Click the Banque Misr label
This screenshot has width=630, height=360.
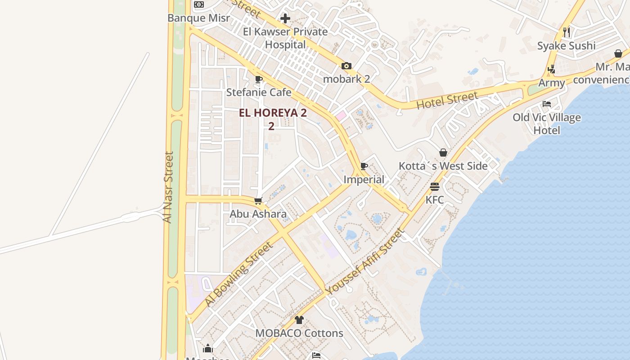point(198,18)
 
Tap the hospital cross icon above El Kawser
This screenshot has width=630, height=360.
point(285,18)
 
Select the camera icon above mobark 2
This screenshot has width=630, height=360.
point(346,66)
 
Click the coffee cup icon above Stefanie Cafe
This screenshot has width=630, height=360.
point(258,80)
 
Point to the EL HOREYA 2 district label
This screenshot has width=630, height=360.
point(273,113)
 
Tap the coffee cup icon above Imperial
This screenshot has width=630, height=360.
point(364,166)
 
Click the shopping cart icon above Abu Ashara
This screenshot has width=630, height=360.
point(258,201)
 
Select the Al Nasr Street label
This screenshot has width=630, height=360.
point(168,187)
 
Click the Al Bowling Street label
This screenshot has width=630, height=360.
point(239,274)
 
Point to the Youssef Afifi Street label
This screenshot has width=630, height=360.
point(365,262)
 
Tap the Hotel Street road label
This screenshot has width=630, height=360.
point(447,100)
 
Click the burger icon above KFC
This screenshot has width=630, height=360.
point(435,186)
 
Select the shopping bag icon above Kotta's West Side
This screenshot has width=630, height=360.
point(443,153)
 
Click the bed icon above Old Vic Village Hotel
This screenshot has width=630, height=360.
point(547,104)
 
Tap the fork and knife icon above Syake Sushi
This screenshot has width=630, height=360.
point(567,32)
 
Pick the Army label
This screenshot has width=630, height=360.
point(552,83)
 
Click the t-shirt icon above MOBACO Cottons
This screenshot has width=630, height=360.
point(299,320)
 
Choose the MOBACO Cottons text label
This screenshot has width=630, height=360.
point(299,333)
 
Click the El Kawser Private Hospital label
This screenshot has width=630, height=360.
point(285,38)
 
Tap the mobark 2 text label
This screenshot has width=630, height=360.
point(346,79)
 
